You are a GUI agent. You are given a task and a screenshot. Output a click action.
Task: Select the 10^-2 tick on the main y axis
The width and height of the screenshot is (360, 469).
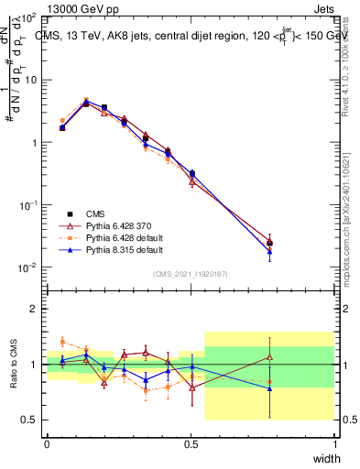(28, 267)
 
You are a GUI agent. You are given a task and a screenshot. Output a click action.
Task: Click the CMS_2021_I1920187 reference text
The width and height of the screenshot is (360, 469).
(191, 274)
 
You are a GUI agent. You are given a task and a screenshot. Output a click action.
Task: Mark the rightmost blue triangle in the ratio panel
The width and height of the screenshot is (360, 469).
(269, 388)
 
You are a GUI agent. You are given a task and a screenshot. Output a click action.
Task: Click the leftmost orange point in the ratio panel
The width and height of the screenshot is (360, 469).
(62, 341)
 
